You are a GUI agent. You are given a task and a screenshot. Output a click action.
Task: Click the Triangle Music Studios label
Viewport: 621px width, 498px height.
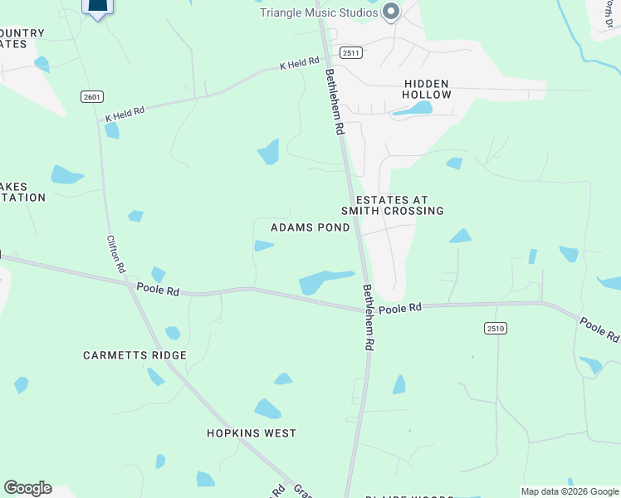coord(320,12)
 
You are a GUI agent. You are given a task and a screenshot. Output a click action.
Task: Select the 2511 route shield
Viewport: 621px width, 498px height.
coord(351,52)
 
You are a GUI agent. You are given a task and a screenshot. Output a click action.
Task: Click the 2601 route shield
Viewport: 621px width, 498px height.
coord(92,97)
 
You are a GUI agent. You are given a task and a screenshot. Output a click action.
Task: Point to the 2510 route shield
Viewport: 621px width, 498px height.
coord(496,328)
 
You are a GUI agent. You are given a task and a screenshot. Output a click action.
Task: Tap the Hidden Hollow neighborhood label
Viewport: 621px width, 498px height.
coord(427,90)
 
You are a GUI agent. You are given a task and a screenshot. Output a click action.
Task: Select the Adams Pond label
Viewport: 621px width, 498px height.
coord(310,227)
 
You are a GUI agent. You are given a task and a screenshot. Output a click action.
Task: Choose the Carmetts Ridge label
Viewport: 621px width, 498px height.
coord(134,355)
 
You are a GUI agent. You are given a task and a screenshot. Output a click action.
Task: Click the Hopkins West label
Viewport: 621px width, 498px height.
coord(252,433)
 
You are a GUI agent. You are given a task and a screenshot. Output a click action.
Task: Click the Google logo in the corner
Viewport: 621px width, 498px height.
coord(27,488)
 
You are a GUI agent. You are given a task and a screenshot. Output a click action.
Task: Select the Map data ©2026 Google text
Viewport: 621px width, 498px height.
coord(570,491)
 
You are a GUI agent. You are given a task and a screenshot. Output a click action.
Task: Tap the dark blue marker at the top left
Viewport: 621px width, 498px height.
coord(98,7)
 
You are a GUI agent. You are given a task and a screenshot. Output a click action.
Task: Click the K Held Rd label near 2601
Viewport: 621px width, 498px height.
coord(125,111)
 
